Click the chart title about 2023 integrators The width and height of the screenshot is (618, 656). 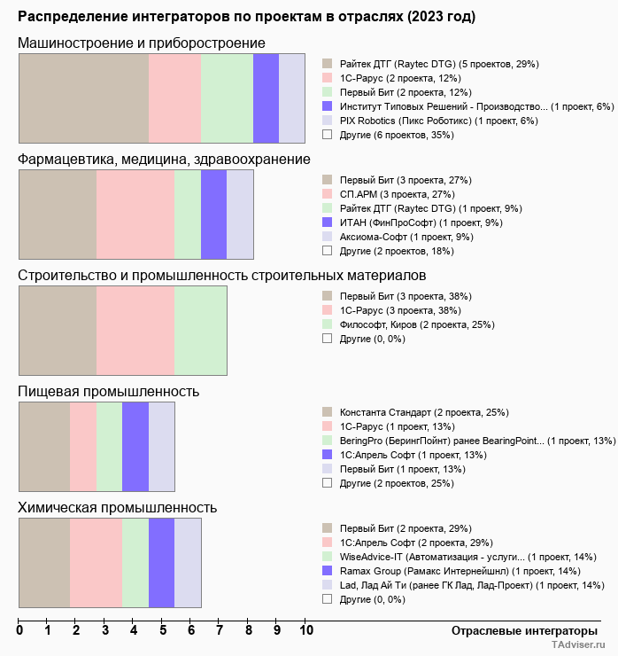click(x=246, y=17)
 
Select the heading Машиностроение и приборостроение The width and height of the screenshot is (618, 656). click(x=142, y=43)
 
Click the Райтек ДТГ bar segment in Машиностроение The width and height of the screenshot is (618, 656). click(x=83, y=98)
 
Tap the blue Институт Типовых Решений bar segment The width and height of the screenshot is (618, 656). click(x=266, y=98)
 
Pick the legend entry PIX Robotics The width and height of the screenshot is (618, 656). click(x=438, y=121)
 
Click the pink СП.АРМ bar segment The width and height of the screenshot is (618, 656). click(x=135, y=215)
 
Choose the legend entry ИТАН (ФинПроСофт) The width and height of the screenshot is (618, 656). click(x=421, y=223)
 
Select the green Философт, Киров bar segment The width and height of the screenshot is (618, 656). click(x=201, y=331)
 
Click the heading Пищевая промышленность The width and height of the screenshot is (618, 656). click(x=108, y=391)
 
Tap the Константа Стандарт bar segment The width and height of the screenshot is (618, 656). click(x=44, y=447)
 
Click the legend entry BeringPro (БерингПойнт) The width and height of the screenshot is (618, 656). click(x=477, y=441)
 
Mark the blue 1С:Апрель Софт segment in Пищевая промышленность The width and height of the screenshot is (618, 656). click(x=135, y=447)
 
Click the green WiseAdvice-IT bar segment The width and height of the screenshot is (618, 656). click(x=135, y=563)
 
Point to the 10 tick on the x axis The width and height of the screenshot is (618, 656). click(x=306, y=631)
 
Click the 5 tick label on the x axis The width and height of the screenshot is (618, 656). click(x=163, y=631)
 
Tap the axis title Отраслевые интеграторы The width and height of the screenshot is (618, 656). click(x=519, y=630)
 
